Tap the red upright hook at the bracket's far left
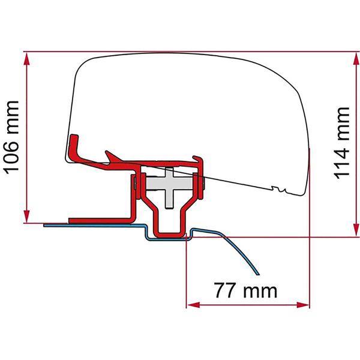[74, 147]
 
